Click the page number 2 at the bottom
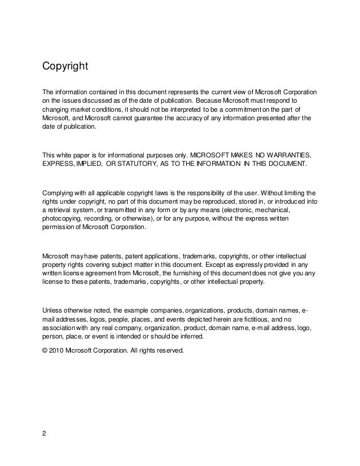pos(45,434)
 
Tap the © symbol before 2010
pos(46,349)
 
